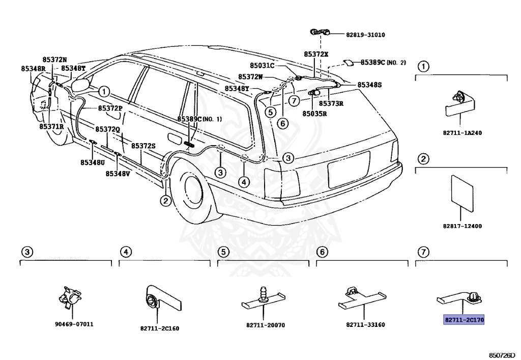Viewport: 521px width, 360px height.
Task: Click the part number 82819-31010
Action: coord(365,35)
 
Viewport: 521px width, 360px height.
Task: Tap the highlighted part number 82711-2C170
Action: coord(464,320)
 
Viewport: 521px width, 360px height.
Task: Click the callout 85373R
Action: coord(331,103)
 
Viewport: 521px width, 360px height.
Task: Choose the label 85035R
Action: coord(314,114)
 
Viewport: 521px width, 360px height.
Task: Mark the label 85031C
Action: coord(262,65)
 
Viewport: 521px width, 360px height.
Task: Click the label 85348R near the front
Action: coord(33,68)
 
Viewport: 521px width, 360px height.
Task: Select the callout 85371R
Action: coord(51,126)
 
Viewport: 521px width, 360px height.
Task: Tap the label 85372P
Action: coord(110,108)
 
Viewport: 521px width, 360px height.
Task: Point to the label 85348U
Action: coord(92,162)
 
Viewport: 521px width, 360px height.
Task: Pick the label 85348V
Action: coord(118,173)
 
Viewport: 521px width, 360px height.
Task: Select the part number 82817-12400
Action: coord(462,226)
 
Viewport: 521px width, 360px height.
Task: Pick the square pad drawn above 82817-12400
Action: coord(462,192)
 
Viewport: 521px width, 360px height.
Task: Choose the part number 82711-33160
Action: coord(365,324)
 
